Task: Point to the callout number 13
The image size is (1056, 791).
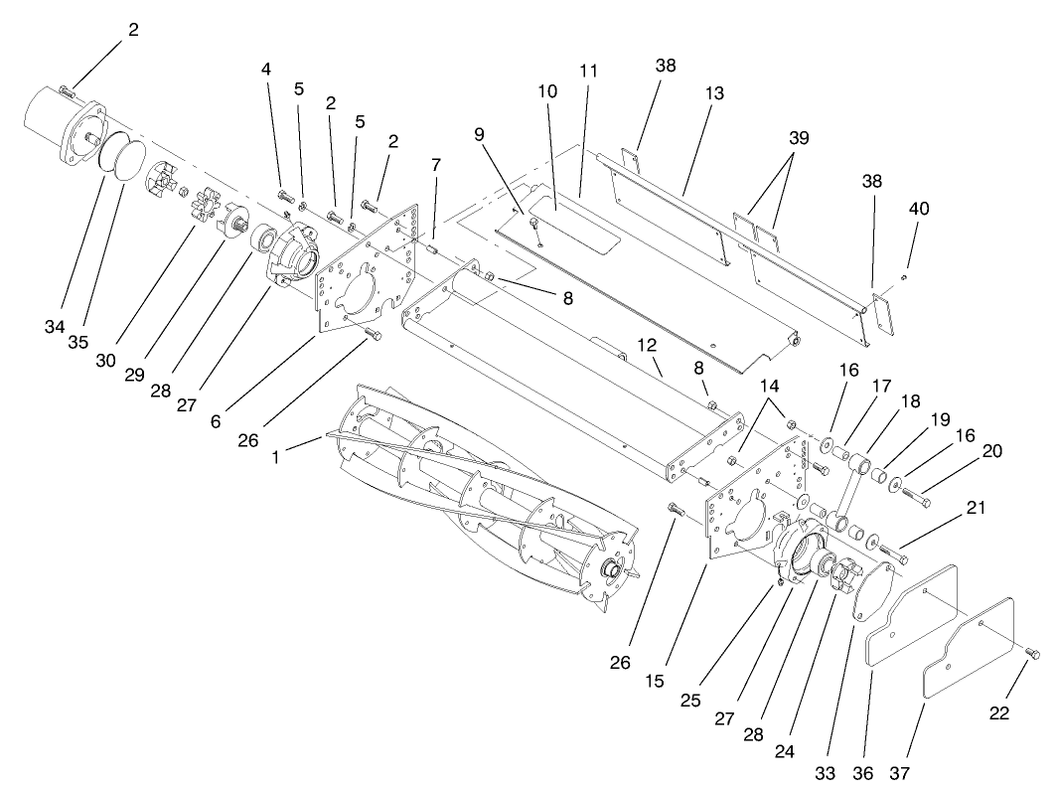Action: (x=713, y=92)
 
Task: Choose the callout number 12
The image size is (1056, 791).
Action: (x=647, y=345)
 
